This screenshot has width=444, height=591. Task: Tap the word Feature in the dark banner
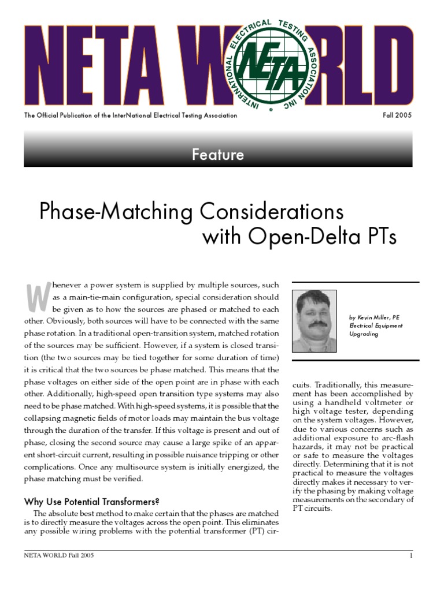click(x=218, y=155)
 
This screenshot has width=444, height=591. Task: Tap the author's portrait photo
click(x=314, y=321)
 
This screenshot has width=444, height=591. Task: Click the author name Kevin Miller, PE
click(x=374, y=317)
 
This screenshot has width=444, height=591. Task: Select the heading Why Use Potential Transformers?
click(x=91, y=501)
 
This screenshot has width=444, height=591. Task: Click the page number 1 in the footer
click(x=410, y=556)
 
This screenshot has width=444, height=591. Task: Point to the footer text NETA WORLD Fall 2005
click(x=58, y=556)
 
